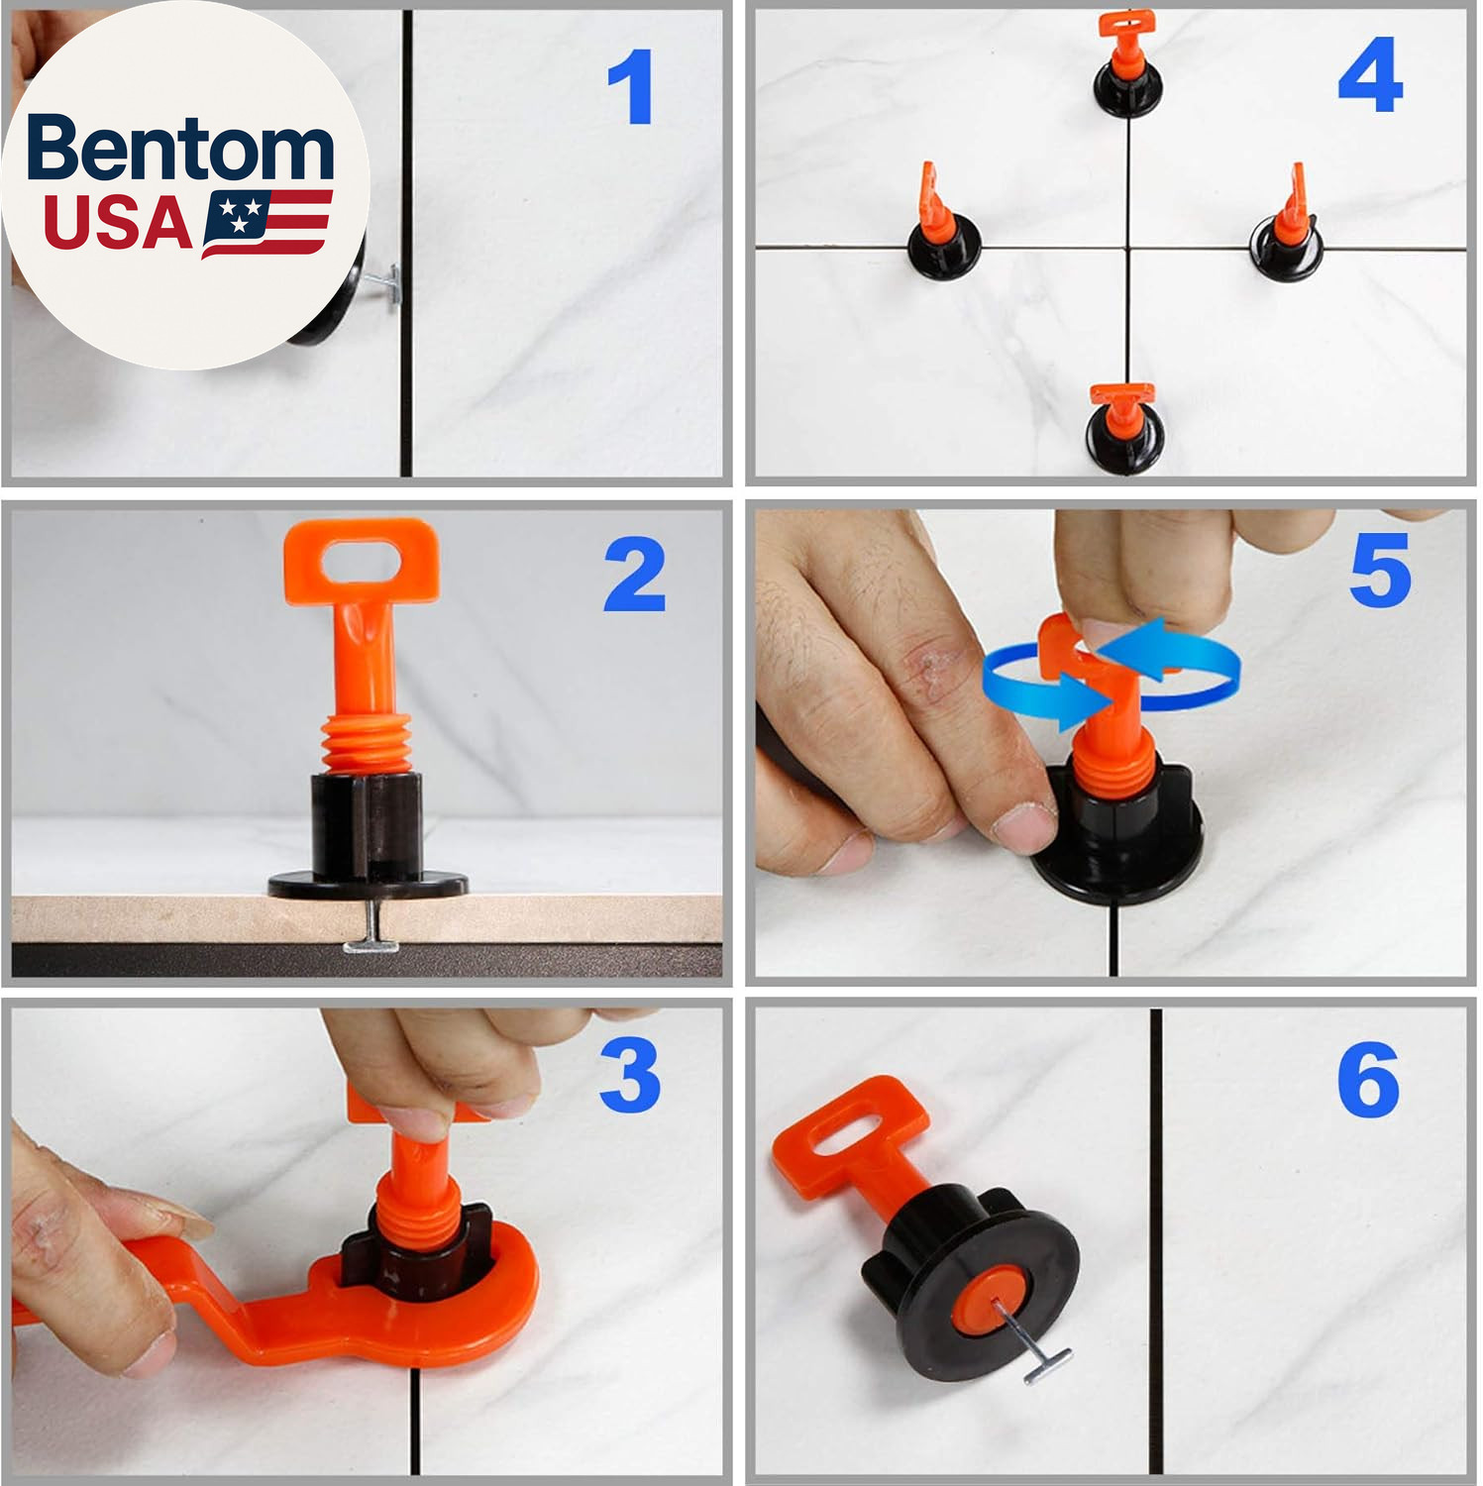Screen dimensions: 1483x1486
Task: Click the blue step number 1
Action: pyautogui.click(x=631, y=87)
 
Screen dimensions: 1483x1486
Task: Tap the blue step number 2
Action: pyautogui.click(x=634, y=574)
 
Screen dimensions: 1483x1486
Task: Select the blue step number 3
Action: pyautogui.click(x=630, y=1075)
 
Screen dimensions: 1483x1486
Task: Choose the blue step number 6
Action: pyautogui.click(x=1368, y=1080)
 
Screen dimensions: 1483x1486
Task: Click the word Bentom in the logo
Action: pyautogui.click(x=180, y=149)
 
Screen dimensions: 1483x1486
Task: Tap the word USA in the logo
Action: pyautogui.click(x=118, y=223)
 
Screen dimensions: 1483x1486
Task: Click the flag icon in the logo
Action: pyautogui.click(x=266, y=223)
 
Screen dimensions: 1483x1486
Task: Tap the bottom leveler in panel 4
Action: pyautogui.click(x=1123, y=428)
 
